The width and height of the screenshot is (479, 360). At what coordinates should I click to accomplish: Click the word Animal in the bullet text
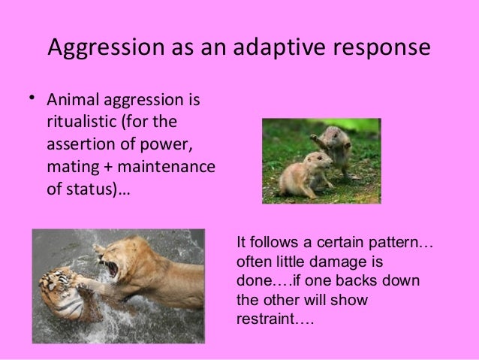72,101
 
